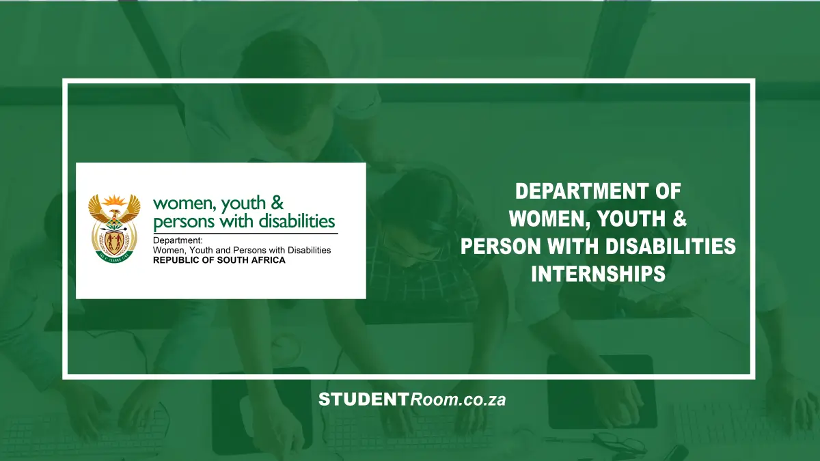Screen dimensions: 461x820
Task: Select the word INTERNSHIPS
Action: coord(598,274)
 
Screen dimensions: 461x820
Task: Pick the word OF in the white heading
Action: coord(666,191)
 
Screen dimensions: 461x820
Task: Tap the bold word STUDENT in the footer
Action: coord(363,400)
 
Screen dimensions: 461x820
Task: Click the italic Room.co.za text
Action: coord(458,400)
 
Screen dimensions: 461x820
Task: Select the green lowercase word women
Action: coord(180,203)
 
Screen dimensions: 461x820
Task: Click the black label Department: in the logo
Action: coord(178,240)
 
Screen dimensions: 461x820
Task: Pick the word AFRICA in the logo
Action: coord(267,260)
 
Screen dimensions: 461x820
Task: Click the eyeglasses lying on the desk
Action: coord(618,443)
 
